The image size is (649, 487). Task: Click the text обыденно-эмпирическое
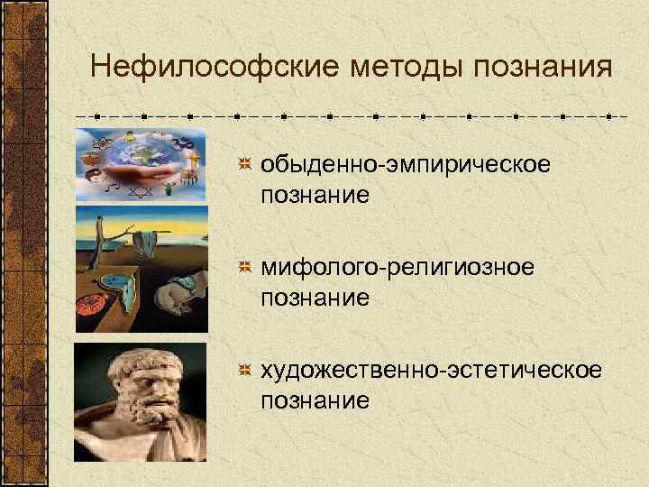(405, 165)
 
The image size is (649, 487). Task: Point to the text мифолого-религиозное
(398, 268)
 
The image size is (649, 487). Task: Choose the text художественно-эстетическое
(428, 371)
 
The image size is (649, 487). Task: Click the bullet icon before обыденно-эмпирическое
(243, 165)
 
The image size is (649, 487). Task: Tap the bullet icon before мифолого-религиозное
(243, 268)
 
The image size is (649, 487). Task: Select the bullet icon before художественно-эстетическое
(243, 371)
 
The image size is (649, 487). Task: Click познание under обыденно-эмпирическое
(315, 194)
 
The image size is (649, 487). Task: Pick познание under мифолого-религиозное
(315, 297)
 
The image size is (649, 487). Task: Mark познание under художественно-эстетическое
(315, 400)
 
